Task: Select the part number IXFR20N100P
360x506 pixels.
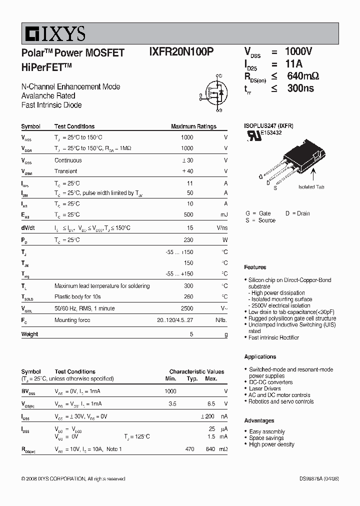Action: click(181, 52)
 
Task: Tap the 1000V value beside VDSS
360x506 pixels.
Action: click(298, 51)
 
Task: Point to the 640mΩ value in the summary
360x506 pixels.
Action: click(302, 76)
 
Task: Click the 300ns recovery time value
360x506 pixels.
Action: click(300, 88)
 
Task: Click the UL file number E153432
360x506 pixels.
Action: click(270, 133)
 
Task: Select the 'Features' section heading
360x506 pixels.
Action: click(255, 267)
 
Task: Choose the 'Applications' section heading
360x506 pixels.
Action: click(260, 356)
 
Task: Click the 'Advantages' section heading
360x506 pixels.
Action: click(259, 420)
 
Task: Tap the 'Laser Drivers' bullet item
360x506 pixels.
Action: click(264, 388)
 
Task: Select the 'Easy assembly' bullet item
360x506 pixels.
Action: click(267, 431)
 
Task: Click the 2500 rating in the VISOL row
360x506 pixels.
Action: click(186, 309)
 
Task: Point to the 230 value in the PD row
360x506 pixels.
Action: click(188, 240)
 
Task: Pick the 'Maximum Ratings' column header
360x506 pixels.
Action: click(193, 126)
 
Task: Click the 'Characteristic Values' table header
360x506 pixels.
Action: click(196, 371)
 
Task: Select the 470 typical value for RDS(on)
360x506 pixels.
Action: click(189, 449)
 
